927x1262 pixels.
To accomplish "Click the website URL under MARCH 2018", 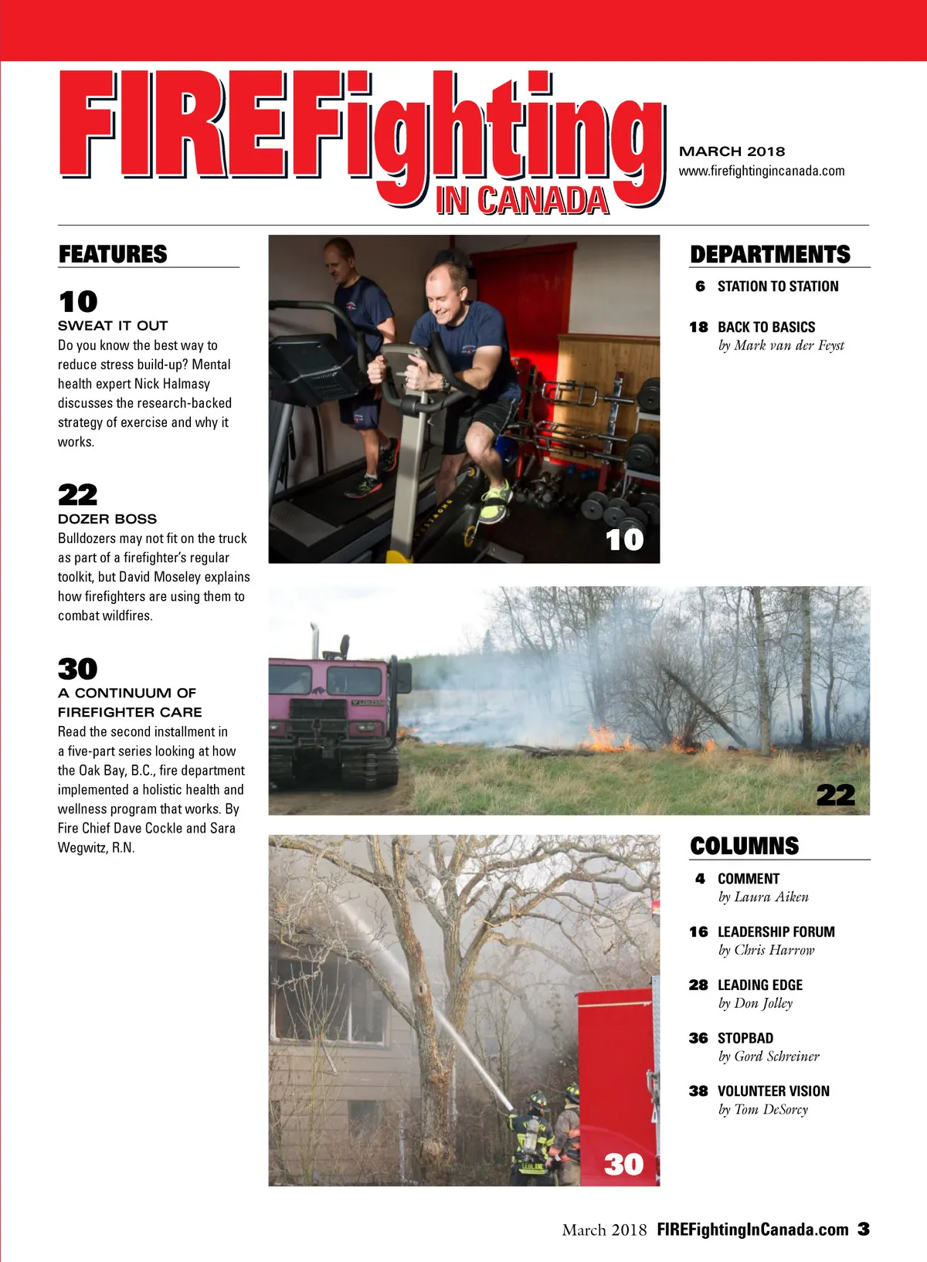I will [761, 171].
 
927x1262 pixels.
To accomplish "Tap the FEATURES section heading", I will [113, 254].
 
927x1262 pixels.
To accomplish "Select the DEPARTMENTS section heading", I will [769, 254].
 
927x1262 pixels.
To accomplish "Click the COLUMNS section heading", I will [744, 846].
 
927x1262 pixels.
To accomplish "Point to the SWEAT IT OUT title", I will [113, 326].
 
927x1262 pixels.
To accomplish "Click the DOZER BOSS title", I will [107, 519].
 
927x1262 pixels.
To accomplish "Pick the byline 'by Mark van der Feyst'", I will [781, 345].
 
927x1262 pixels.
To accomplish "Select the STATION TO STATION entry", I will [777, 287].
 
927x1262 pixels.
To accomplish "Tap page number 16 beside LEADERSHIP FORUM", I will [698, 932].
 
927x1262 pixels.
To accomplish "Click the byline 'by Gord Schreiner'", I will [769, 1057].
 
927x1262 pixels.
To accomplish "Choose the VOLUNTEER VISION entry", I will [773, 1091].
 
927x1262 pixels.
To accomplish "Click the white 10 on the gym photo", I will [624, 539].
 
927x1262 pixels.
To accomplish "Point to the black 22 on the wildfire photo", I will [836, 795].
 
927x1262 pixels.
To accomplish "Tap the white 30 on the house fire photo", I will [623, 1164].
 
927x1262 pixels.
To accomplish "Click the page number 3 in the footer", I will [864, 1229].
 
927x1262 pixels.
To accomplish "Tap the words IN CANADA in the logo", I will [522, 201].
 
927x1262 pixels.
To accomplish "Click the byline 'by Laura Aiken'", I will [763, 897].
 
